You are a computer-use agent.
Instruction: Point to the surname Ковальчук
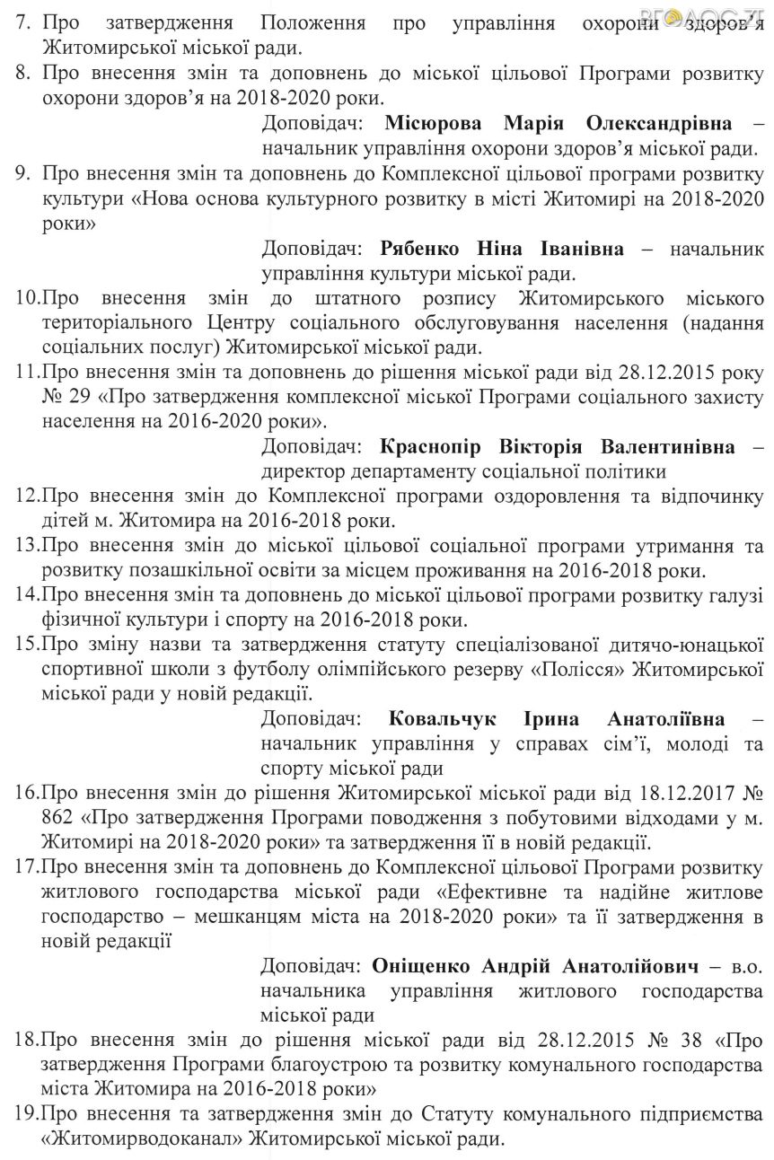tap(445, 719)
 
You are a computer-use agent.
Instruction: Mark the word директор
tap(303, 470)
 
